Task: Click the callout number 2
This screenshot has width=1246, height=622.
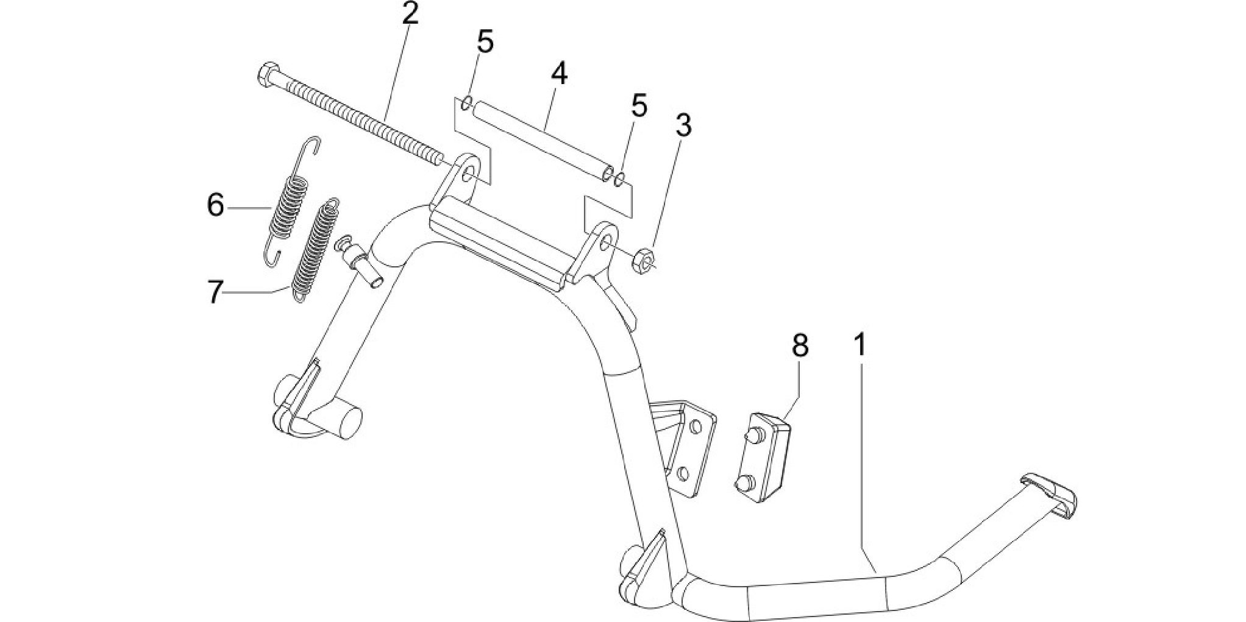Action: (x=410, y=13)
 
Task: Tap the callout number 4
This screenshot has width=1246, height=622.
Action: (x=559, y=73)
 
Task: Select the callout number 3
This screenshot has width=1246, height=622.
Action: (x=683, y=125)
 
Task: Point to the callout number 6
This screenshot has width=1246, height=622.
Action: (x=216, y=205)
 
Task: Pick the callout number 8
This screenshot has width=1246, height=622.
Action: (x=800, y=345)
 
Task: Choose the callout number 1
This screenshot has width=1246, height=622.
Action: (x=860, y=345)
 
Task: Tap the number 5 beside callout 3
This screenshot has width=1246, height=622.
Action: (x=638, y=105)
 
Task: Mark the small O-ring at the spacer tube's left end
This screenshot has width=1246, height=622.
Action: (x=466, y=102)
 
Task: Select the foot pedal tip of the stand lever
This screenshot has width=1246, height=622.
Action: (x=1048, y=497)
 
